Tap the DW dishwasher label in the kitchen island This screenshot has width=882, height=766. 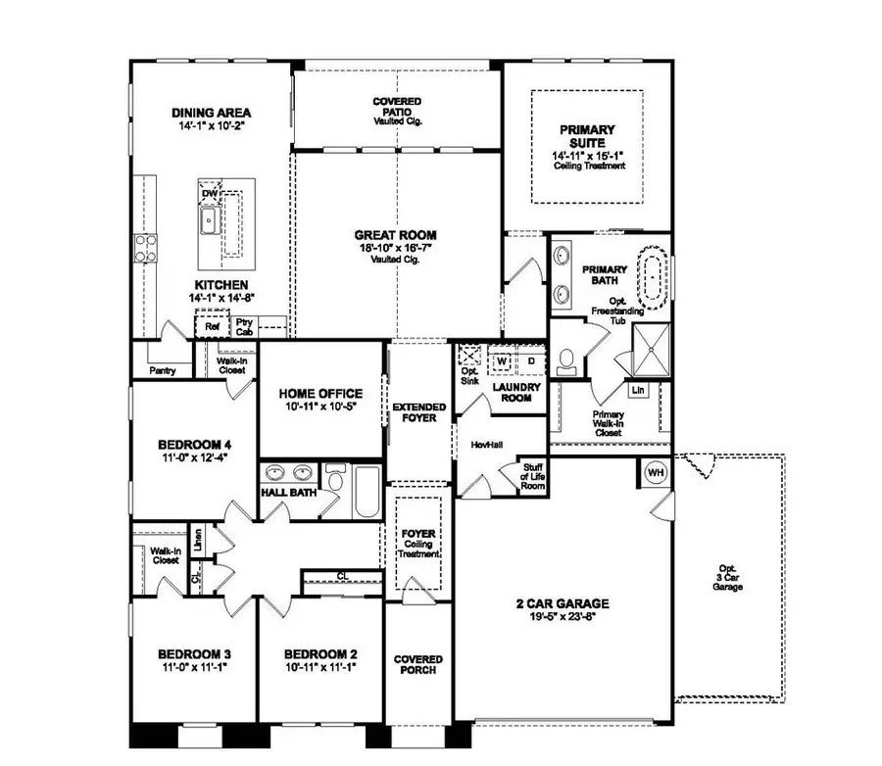point(209,193)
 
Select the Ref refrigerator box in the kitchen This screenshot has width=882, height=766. point(212,326)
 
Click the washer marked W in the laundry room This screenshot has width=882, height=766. point(501,361)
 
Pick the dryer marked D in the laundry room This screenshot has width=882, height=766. point(530,361)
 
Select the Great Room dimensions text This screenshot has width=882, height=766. point(396,251)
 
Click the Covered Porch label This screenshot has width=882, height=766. point(418,665)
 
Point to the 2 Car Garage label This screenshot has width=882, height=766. point(563,603)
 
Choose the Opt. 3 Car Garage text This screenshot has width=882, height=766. point(728,577)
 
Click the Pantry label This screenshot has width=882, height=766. point(162,371)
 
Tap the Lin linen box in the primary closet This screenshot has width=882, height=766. point(638,390)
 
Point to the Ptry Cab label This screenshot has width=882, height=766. point(244,327)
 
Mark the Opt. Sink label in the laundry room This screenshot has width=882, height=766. point(468,376)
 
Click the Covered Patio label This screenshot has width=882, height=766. point(397,111)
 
